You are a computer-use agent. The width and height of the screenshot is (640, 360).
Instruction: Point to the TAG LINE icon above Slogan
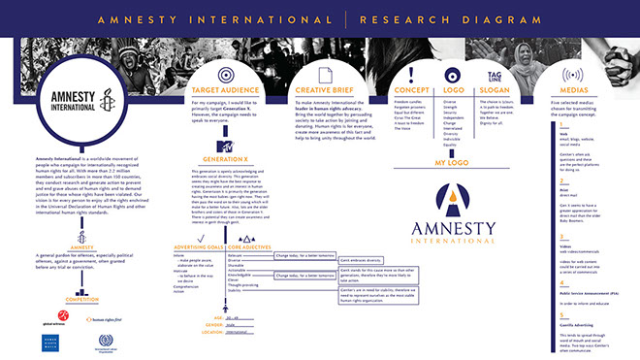[495, 74]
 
